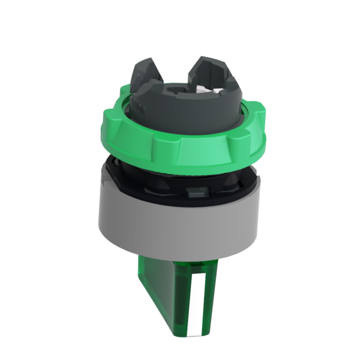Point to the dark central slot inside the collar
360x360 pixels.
click(x=180, y=90)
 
